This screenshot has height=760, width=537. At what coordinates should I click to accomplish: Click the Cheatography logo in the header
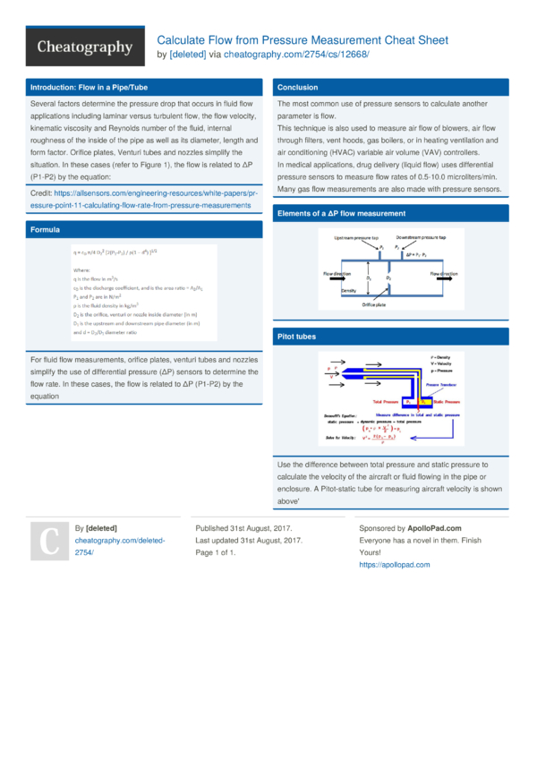coord(84,47)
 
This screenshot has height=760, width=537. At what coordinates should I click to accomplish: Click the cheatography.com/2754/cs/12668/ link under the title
coord(295,55)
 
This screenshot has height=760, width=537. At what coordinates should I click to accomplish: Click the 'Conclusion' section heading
coord(297,88)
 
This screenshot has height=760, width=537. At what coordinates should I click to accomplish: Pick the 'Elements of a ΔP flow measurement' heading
coord(341,214)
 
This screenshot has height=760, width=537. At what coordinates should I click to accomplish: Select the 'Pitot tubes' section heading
coord(297,337)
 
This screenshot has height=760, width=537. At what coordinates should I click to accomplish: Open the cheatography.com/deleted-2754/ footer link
coord(107,547)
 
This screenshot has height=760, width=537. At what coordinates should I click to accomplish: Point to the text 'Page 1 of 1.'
coord(228,552)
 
